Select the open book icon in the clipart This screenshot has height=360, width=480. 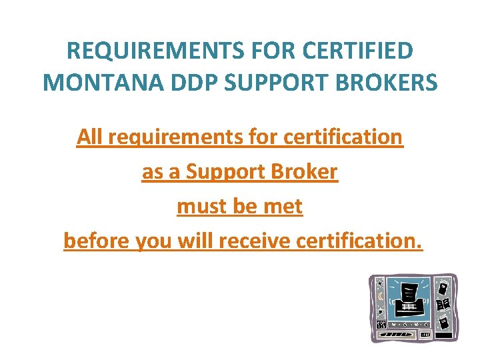point(443,304)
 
